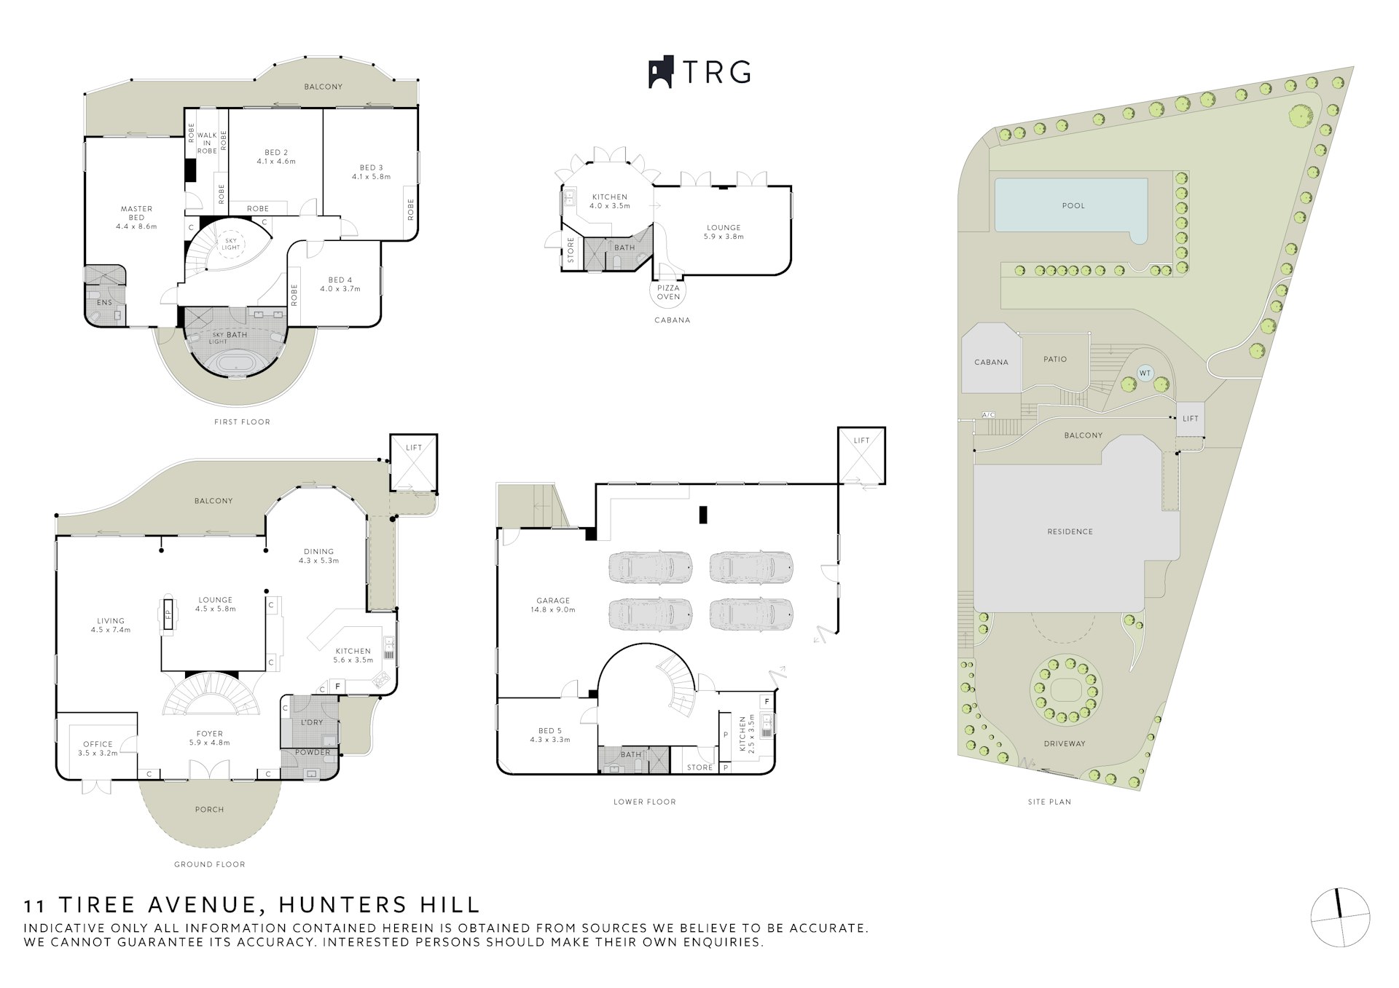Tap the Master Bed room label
[x=136, y=217]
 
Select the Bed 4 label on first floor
[x=340, y=284]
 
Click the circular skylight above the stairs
[x=230, y=244]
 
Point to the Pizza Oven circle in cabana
[x=668, y=293]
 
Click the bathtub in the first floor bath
[x=235, y=363]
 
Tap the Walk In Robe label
[x=207, y=143]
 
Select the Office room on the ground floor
[x=98, y=748]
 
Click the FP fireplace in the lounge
[x=168, y=614]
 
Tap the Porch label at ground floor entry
[x=210, y=809]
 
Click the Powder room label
[x=313, y=752]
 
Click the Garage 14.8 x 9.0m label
[x=553, y=605]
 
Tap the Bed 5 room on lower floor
[x=550, y=735]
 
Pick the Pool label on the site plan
[x=1073, y=205]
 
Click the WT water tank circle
[x=1145, y=374]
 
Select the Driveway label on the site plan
[x=1065, y=743]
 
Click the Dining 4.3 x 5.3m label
[x=318, y=556]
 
